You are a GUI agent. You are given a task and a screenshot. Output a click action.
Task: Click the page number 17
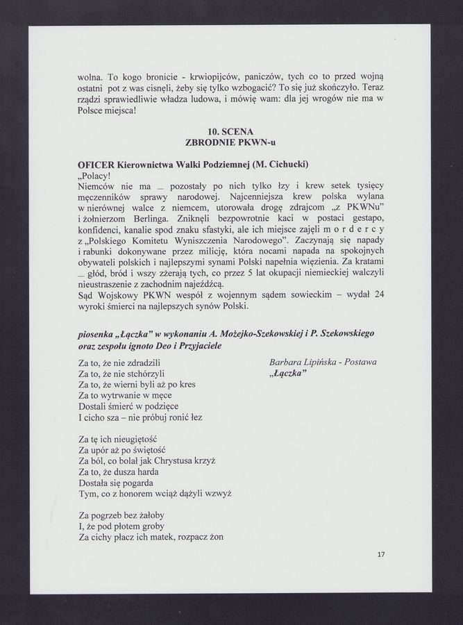click(x=381, y=554)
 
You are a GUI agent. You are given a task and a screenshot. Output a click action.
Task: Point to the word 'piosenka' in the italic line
click(x=99, y=333)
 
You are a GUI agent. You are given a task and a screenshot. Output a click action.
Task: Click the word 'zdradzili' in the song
click(x=141, y=362)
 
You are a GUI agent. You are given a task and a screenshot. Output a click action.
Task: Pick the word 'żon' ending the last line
click(x=222, y=537)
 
